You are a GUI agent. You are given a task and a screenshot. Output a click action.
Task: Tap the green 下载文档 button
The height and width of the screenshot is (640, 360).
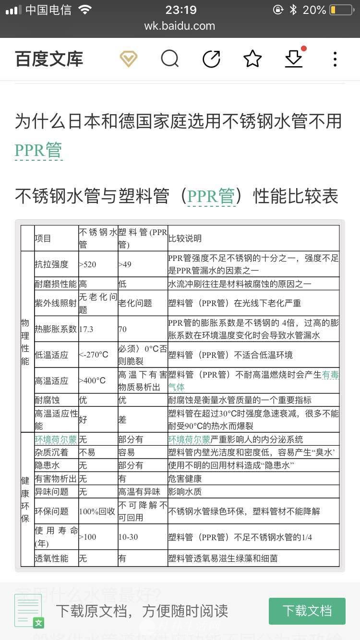[307, 611]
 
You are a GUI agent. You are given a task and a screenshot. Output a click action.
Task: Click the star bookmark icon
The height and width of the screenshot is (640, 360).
[252, 59]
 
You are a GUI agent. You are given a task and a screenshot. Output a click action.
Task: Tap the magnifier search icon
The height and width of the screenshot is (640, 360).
[169, 59]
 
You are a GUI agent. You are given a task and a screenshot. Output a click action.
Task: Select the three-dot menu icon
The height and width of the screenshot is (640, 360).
[335, 59]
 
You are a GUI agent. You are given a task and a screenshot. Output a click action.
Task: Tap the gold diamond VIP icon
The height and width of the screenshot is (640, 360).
[129, 59]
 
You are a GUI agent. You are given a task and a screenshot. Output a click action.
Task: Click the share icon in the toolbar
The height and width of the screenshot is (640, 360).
[211, 59]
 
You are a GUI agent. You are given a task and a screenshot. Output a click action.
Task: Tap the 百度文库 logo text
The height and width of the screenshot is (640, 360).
[49, 59]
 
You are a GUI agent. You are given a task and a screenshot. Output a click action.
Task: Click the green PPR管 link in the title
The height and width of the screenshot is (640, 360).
[38, 150]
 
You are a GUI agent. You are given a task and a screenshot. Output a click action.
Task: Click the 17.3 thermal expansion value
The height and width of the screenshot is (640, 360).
[86, 329]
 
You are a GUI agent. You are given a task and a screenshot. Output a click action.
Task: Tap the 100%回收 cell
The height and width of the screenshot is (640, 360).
[97, 511]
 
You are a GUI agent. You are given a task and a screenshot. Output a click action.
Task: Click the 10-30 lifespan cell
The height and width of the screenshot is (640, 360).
[128, 537]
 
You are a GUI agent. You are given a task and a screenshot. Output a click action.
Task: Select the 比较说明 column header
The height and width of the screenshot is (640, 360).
[185, 238]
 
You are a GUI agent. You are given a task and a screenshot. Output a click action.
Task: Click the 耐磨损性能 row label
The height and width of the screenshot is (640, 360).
[55, 284]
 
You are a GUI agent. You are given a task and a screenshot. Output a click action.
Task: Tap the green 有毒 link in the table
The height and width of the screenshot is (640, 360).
[330, 375]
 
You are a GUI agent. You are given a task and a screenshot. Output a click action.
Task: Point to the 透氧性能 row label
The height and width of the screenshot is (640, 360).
[51, 558]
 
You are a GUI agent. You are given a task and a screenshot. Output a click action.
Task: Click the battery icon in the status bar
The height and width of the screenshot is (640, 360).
[341, 10]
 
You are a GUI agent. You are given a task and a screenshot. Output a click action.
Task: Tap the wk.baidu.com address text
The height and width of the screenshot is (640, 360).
[180, 26]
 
